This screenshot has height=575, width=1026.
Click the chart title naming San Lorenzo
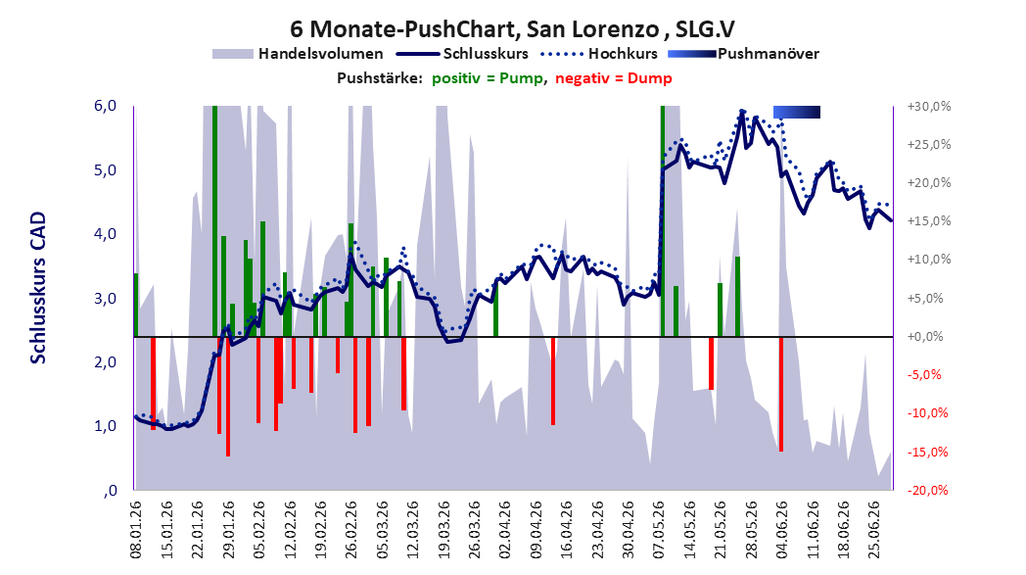512,28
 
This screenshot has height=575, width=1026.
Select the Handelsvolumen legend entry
298,54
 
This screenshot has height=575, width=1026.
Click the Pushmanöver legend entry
744,54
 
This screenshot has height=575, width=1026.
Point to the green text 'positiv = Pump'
488,78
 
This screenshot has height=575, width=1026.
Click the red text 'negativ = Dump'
613,78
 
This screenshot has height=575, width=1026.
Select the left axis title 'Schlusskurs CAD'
38,288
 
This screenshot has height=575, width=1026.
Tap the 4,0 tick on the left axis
106,234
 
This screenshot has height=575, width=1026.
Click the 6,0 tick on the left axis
106,106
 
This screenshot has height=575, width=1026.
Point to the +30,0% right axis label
929,106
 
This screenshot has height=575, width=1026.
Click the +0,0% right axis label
926,337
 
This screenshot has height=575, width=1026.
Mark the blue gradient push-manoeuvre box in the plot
797,112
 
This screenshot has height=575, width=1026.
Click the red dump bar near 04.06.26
781,394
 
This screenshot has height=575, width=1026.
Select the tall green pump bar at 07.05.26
663,221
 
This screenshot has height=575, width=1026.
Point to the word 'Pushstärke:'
380,78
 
